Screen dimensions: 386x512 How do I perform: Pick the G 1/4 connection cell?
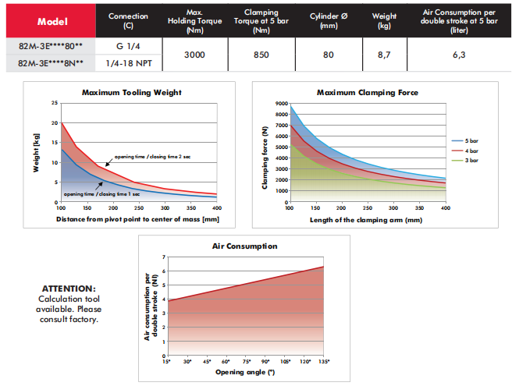tap(128, 48)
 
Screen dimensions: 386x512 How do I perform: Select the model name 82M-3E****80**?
tap(49, 48)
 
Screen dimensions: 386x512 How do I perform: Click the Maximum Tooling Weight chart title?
tap(130, 93)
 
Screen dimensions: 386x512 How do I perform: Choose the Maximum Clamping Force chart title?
tap(367, 93)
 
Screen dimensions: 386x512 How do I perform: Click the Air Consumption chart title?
tap(244, 246)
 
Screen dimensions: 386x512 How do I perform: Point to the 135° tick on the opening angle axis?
tap(323, 362)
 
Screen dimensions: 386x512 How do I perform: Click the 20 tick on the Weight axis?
tap(55, 123)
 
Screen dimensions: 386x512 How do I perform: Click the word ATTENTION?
tap(69, 288)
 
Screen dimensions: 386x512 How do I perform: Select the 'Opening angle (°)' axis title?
tap(245, 372)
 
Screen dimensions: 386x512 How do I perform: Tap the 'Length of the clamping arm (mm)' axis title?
tap(367, 220)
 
